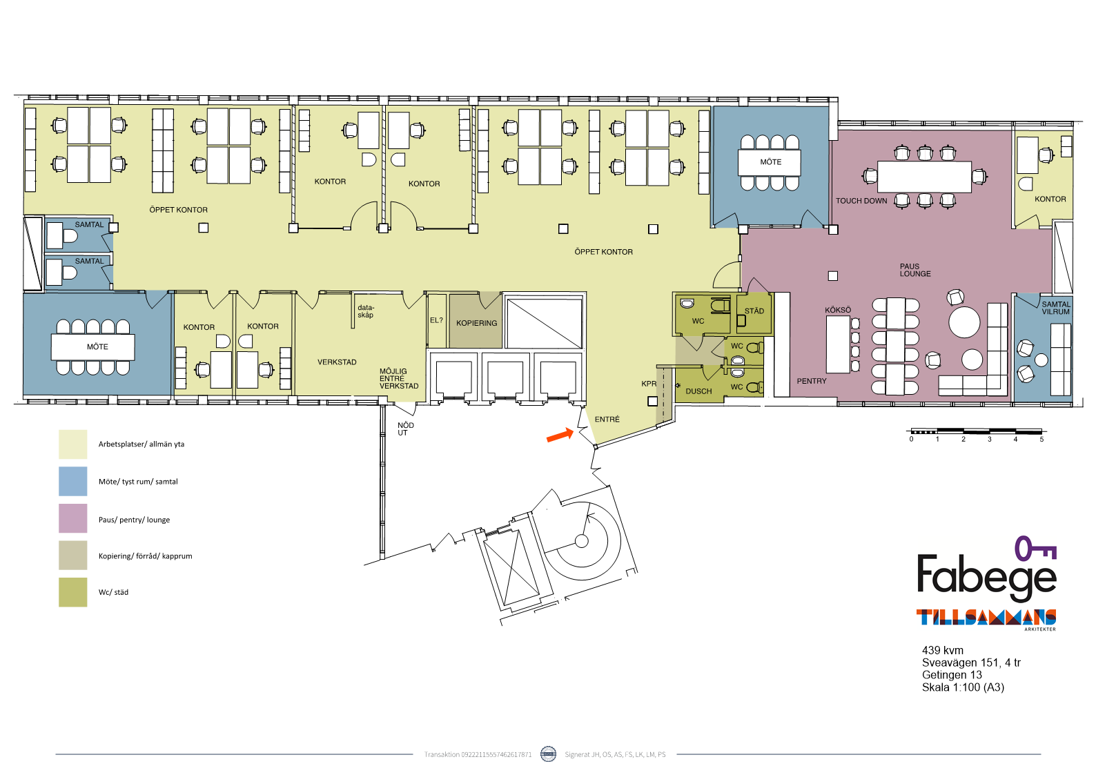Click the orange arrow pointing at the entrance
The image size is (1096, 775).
[x=560, y=435]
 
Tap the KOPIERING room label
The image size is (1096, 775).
[x=476, y=324]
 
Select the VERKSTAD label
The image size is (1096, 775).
[x=337, y=362]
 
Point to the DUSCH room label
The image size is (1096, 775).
[x=698, y=391]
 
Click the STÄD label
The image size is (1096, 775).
[x=754, y=311]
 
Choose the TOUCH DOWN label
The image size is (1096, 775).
[x=861, y=201]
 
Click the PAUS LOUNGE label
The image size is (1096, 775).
[x=915, y=270]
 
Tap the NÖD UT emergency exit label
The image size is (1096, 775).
[x=406, y=429]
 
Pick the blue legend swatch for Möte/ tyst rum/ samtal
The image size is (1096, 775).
[x=73, y=482]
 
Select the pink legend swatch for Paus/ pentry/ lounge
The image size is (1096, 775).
[x=73, y=518]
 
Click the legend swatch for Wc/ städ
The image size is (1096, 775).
[x=73, y=592]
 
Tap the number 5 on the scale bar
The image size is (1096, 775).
[x=1041, y=440]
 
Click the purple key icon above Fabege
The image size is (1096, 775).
[x=1035, y=549]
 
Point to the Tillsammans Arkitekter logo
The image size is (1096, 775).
[x=986, y=619]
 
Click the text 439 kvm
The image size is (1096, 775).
[x=942, y=650]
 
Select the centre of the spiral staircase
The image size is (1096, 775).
[x=581, y=541]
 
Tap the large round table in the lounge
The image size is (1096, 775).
[x=964, y=322]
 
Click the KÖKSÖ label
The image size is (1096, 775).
[x=838, y=310]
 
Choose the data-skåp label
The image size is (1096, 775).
[x=366, y=311]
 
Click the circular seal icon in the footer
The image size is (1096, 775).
[x=548, y=754]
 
